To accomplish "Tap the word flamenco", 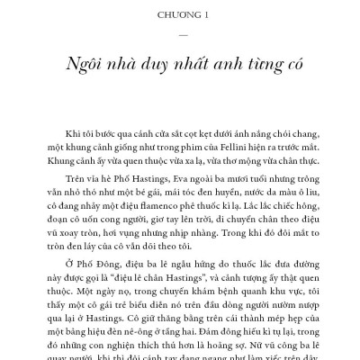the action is [x=148, y=211].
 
